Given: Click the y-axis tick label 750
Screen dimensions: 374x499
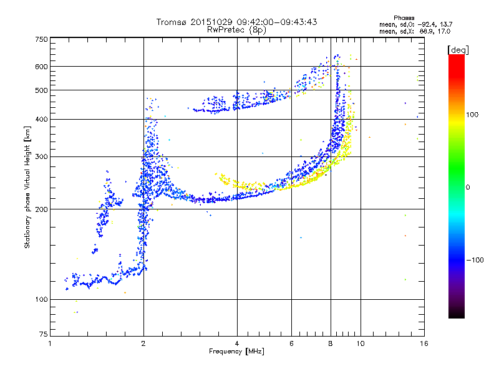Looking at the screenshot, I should coord(41,39).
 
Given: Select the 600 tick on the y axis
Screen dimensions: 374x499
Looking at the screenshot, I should coord(41,66).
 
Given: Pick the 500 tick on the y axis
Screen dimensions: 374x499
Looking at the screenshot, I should coord(41,90).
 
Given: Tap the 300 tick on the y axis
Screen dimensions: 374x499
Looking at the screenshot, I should coord(41,156).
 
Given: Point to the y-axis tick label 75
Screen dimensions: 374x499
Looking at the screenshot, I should coord(42,335).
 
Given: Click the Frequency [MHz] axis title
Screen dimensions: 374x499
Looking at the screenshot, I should coord(236,352).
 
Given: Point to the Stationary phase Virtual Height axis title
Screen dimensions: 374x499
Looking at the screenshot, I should coord(27,187).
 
